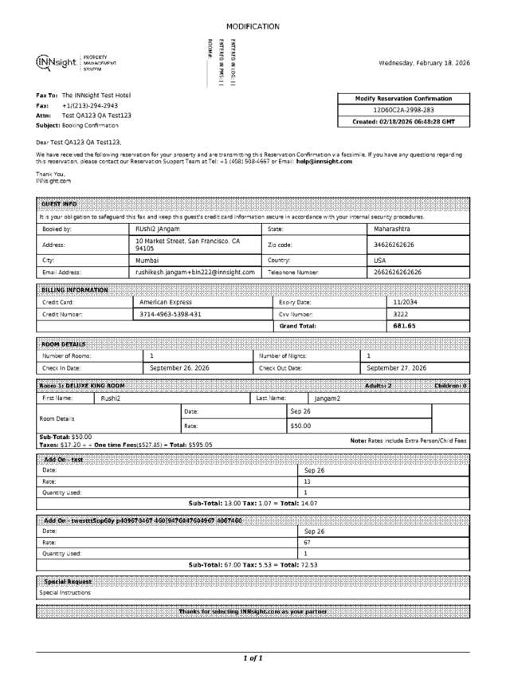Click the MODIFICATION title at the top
[x=253, y=26]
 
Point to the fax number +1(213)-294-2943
[x=90, y=105]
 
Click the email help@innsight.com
[x=324, y=161]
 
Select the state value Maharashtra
[x=393, y=229]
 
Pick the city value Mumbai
[x=147, y=260]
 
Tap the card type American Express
[x=166, y=302]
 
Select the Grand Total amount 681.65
[x=405, y=326]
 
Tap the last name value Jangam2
[x=327, y=398]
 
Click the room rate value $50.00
[x=300, y=426]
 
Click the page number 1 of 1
[x=253, y=658]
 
